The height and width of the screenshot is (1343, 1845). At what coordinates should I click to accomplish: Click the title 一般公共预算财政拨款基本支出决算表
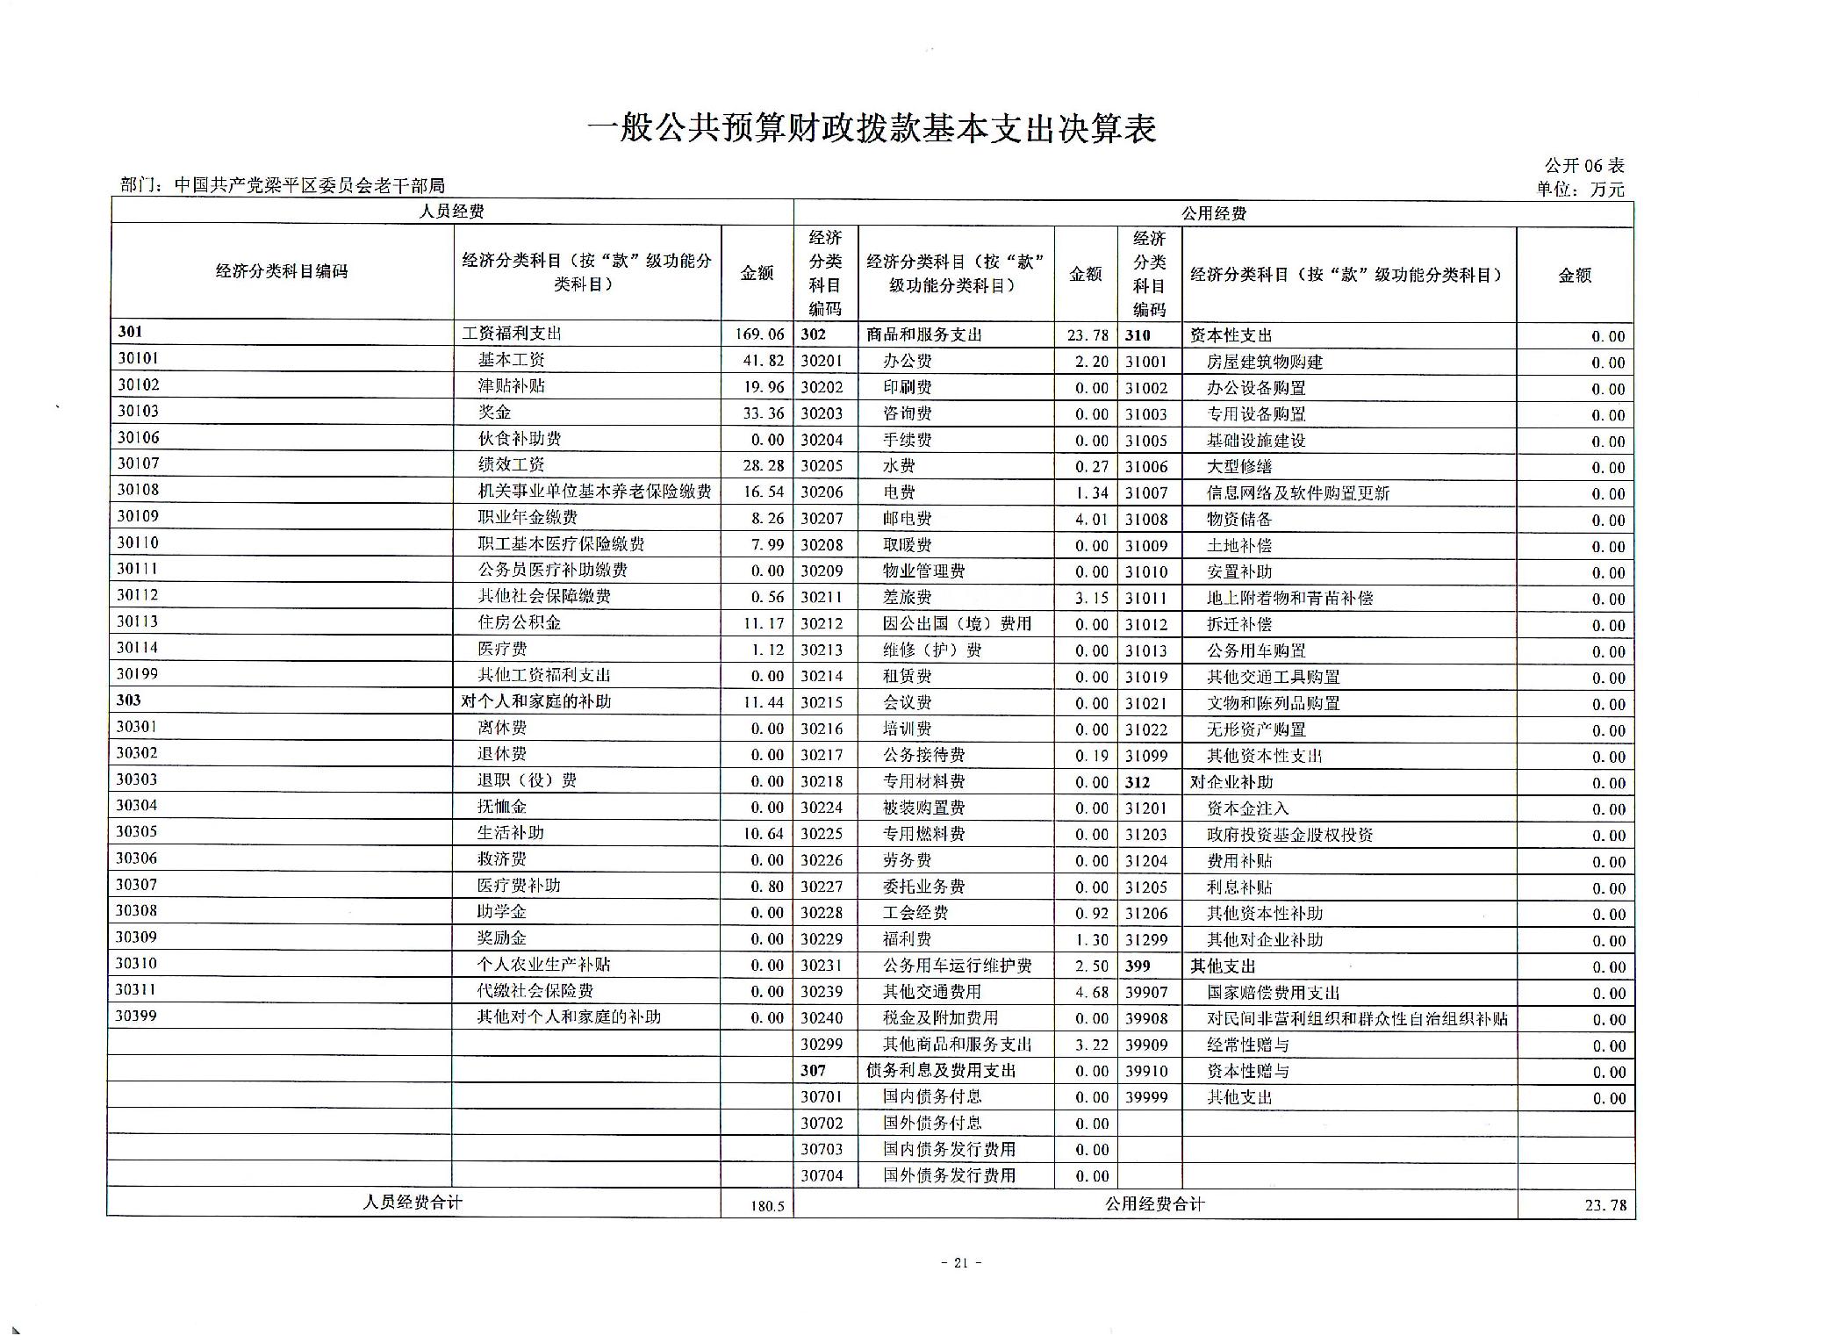coord(871,129)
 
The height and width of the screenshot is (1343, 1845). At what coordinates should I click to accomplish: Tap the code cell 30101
coord(139,358)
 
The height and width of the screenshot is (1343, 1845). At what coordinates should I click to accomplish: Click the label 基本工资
coord(511,360)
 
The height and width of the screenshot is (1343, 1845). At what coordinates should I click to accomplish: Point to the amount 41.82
coord(764,360)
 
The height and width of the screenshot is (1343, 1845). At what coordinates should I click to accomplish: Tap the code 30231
coord(822,966)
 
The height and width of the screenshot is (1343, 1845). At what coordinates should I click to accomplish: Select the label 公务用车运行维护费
coord(957,966)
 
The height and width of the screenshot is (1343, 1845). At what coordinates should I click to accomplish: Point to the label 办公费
coord(907,361)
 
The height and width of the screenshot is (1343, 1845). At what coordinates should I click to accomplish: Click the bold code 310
coord(1138,334)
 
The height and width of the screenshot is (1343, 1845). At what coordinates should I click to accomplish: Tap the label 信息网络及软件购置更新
coord(1297,493)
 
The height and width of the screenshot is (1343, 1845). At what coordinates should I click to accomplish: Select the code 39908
coord(1146,1018)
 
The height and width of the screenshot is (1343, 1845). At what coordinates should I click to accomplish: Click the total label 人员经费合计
coord(413,1202)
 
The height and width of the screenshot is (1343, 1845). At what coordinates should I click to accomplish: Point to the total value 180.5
coord(767,1206)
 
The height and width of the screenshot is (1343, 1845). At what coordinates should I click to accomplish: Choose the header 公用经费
coord(1213,213)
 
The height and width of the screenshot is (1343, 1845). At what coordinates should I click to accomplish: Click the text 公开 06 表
coord(1584,165)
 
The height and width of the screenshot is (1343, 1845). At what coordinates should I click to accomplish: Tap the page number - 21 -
coord(960,1263)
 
